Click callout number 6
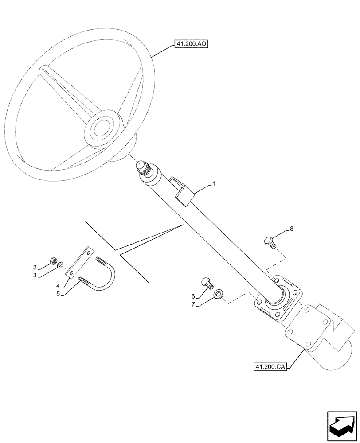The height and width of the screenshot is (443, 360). [x=193, y=296]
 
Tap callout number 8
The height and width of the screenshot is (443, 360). [x=291, y=229]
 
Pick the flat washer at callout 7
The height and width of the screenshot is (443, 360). [x=219, y=294]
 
